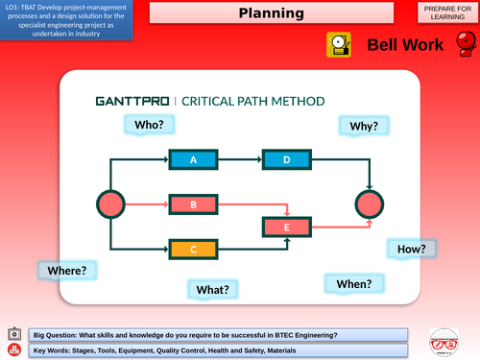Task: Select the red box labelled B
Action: click(x=193, y=204)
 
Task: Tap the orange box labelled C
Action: click(x=193, y=250)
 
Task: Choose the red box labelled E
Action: click(x=286, y=228)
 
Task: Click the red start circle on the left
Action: click(x=111, y=204)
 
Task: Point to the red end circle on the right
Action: click(x=369, y=204)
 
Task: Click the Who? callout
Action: click(x=149, y=125)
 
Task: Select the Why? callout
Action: click(x=364, y=126)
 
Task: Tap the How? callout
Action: click(x=411, y=249)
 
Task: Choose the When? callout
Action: click(x=353, y=283)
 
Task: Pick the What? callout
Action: click(x=212, y=289)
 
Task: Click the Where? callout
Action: click(x=66, y=272)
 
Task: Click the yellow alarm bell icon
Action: click(x=340, y=44)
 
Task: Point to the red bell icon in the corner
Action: click(x=464, y=46)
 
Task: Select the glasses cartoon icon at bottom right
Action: click(x=444, y=342)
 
